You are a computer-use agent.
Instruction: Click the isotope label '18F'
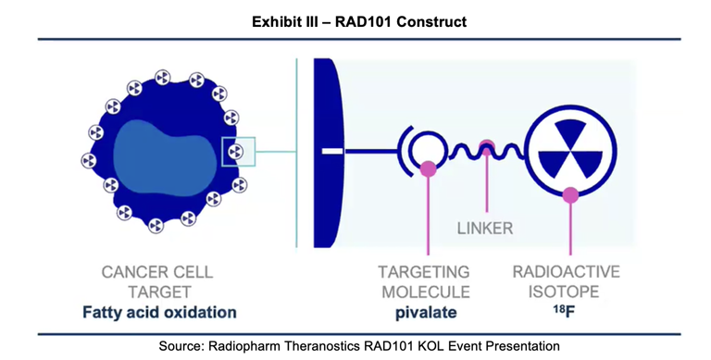click(566, 312)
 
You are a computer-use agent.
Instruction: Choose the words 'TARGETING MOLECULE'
click(425, 281)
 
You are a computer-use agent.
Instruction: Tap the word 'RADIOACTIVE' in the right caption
click(566, 272)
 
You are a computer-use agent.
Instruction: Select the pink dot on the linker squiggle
click(486, 146)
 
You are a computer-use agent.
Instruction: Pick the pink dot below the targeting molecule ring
click(428, 169)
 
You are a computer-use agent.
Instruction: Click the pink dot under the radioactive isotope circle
click(571, 194)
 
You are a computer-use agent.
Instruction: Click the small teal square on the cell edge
click(238, 150)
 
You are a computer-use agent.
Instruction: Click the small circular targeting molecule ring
click(427, 148)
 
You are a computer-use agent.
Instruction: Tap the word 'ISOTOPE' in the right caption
click(566, 292)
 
